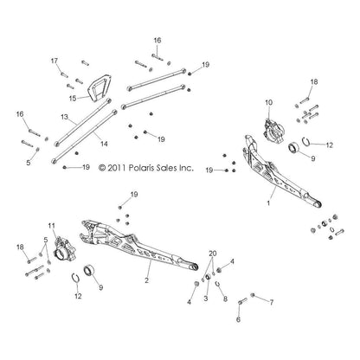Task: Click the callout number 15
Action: (73, 99)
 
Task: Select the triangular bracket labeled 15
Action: (100, 87)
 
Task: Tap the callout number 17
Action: (55, 61)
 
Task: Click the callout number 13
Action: (64, 117)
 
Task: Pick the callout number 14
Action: (104, 144)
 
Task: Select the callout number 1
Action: (268, 203)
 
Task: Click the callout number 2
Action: (146, 280)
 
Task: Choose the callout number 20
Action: (213, 254)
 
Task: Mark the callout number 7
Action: (272, 302)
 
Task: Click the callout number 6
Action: (238, 319)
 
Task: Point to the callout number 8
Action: (225, 299)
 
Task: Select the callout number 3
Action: (206, 299)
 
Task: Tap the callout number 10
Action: (268, 102)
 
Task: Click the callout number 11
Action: (51, 226)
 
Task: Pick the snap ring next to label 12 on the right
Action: (307, 142)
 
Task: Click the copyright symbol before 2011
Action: (102, 168)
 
